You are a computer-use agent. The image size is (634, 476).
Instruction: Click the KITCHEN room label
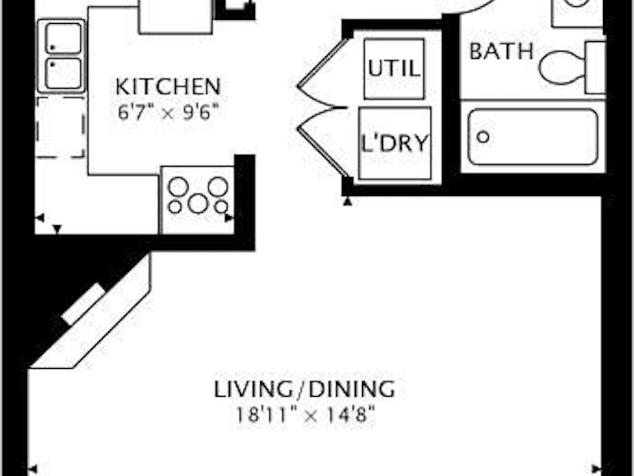pos(168,86)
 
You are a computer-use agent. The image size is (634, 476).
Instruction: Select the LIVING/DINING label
pos(304,389)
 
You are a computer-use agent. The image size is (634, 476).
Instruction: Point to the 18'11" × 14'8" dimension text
pos(305,415)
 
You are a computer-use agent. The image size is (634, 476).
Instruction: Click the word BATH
pos(502,52)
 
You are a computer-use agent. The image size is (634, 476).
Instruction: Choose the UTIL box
pos(394,69)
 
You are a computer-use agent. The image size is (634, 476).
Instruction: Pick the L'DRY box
pos(395,144)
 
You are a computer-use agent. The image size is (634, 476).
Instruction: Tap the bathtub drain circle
pos(483,136)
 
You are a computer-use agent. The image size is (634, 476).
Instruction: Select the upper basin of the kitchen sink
pos(63,38)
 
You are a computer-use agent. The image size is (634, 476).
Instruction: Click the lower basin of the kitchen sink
pos(63,74)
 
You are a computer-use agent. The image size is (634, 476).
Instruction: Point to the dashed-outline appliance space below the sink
pos(61,127)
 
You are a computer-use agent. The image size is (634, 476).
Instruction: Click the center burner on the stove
pos(198,203)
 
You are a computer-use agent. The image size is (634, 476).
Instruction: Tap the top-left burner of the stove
pos(178,187)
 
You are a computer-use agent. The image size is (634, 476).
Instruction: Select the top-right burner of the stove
pos(218,186)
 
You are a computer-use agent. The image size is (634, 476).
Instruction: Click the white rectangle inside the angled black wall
pos(84,304)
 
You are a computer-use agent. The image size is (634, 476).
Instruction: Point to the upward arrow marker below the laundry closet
pos(347,202)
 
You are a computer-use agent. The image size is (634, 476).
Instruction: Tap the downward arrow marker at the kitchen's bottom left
pos(57,229)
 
